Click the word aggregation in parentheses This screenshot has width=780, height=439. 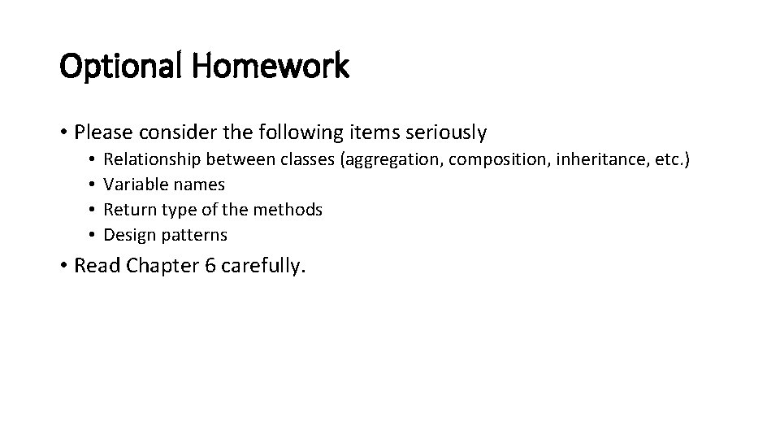point(393,159)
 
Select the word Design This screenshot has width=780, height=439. point(129,236)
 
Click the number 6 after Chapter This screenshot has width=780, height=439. point(211,266)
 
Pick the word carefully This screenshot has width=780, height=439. point(263,266)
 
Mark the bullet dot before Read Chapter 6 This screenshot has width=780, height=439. point(64,266)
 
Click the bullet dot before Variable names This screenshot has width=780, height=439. point(94,185)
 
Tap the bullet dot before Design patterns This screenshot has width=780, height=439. point(94,236)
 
